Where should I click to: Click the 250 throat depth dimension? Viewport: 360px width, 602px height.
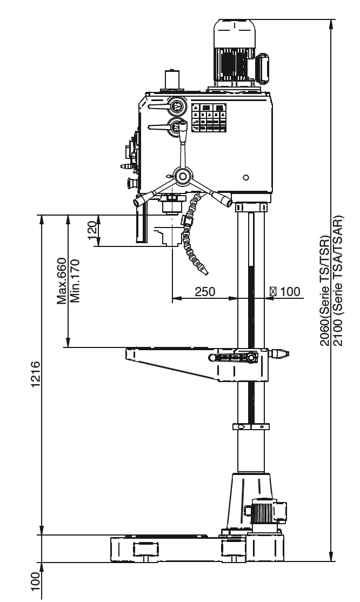[x=205, y=291]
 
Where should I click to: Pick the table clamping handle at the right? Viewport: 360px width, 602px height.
[x=278, y=354]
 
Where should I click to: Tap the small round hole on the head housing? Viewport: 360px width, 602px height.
[x=246, y=177]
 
